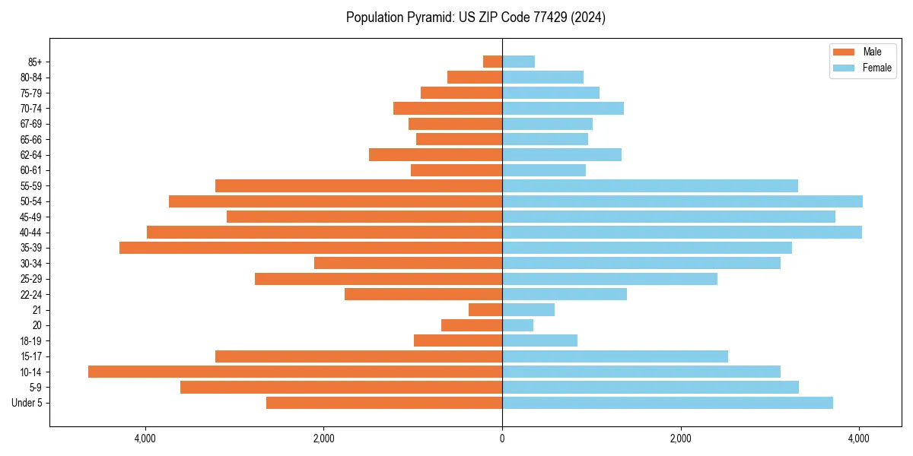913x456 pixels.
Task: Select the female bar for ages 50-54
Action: point(682,201)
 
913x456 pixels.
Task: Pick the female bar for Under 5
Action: point(667,403)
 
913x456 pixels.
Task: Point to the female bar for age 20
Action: point(517,325)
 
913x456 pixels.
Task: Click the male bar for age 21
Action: point(485,310)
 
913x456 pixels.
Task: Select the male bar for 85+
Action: point(492,62)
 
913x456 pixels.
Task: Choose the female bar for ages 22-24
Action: point(565,294)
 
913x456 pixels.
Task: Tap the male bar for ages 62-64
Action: point(435,155)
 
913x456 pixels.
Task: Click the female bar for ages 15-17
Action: point(615,356)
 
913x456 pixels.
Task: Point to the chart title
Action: point(476,17)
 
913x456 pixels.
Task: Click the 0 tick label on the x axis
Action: point(502,439)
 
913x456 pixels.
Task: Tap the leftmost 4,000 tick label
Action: point(145,439)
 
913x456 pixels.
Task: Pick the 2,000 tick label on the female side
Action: point(680,439)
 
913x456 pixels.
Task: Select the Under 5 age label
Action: point(27,403)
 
